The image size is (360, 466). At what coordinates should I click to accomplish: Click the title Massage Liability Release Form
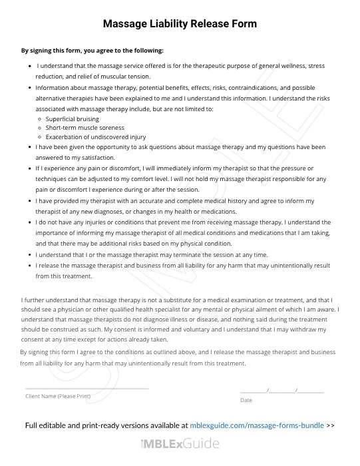coord(180,24)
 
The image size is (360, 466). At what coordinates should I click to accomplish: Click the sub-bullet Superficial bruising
coord(72,118)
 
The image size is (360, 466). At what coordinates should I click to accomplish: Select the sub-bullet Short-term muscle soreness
coord(85,128)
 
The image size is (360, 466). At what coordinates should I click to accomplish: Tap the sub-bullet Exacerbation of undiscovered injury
coord(95,137)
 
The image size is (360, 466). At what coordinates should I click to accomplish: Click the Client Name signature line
coord(87,387)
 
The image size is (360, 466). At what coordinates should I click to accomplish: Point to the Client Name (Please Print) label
coord(57,396)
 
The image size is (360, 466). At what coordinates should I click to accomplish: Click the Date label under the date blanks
coord(246,400)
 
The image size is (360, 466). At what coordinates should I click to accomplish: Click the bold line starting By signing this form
coord(92,51)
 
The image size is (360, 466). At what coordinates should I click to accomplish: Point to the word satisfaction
coord(98,157)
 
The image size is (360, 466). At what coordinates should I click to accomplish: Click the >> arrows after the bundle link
coord(331,425)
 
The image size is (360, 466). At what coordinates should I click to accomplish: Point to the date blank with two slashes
coord(281,389)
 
